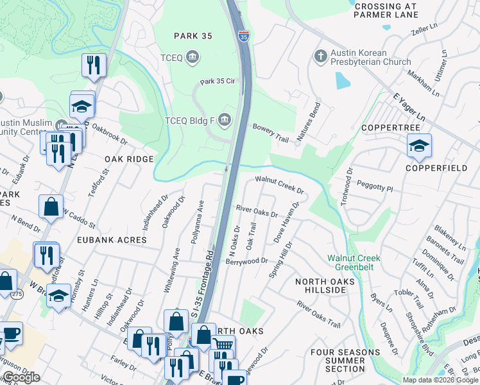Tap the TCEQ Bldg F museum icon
click(224, 119)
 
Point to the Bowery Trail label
click(271, 131)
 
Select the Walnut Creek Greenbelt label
click(354, 263)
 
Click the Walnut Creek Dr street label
click(279, 185)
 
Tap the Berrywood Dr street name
click(246, 261)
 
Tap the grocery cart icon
click(222, 346)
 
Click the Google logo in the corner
click(21, 377)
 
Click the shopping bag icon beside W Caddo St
click(51, 207)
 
